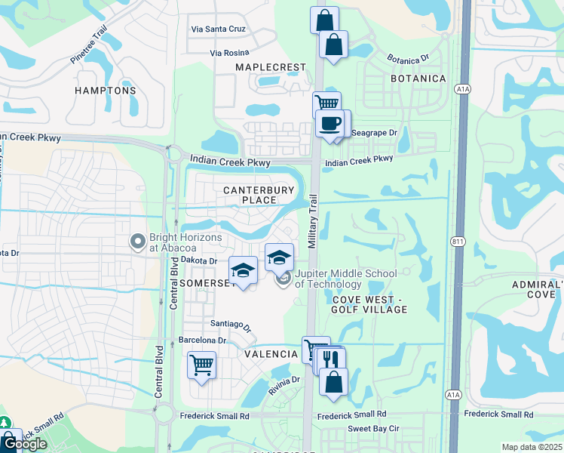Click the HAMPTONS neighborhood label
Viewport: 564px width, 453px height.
tap(106, 91)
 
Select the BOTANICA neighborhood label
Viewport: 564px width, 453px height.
tap(418, 79)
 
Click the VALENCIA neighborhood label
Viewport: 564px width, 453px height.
tap(271, 353)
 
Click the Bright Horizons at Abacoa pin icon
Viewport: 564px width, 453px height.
tap(137, 242)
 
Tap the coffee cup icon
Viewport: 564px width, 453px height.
tap(330, 124)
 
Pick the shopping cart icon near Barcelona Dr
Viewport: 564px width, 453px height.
tap(201, 365)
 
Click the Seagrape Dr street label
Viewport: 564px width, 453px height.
tap(374, 132)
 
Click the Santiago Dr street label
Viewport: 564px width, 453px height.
tap(231, 325)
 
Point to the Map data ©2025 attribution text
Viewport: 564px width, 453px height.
tap(532, 447)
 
